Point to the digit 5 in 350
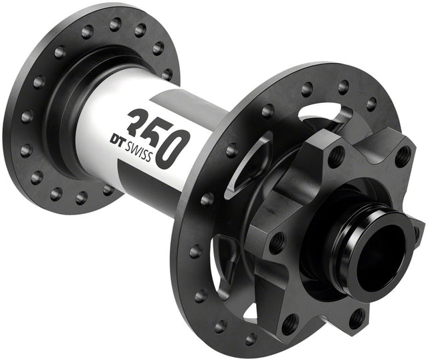pos(159,134)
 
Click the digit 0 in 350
pos(178,146)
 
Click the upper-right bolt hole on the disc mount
pos(403,157)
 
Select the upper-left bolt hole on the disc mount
pos(336,156)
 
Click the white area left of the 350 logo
pos(100,134)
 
